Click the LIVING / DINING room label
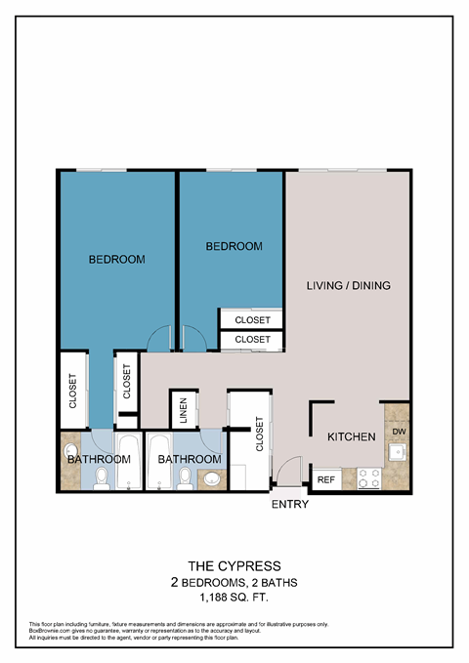(349, 286)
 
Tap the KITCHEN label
(351, 436)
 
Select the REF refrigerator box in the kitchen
(325, 479)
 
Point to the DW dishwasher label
(398, 431)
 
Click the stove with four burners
(368, 478)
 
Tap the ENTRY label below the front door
(290, 505)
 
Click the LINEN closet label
(183, 410)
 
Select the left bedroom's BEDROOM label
(116, 260)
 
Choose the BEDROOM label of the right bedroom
(234, 247)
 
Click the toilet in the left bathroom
(103, 477)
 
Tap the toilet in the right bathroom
(186, 477)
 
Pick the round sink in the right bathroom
(212, 478)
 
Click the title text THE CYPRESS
(234, 565)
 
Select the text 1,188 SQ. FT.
(234, 597)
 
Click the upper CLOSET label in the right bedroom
(252, 319)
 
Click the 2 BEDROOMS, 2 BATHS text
(234, 582)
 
